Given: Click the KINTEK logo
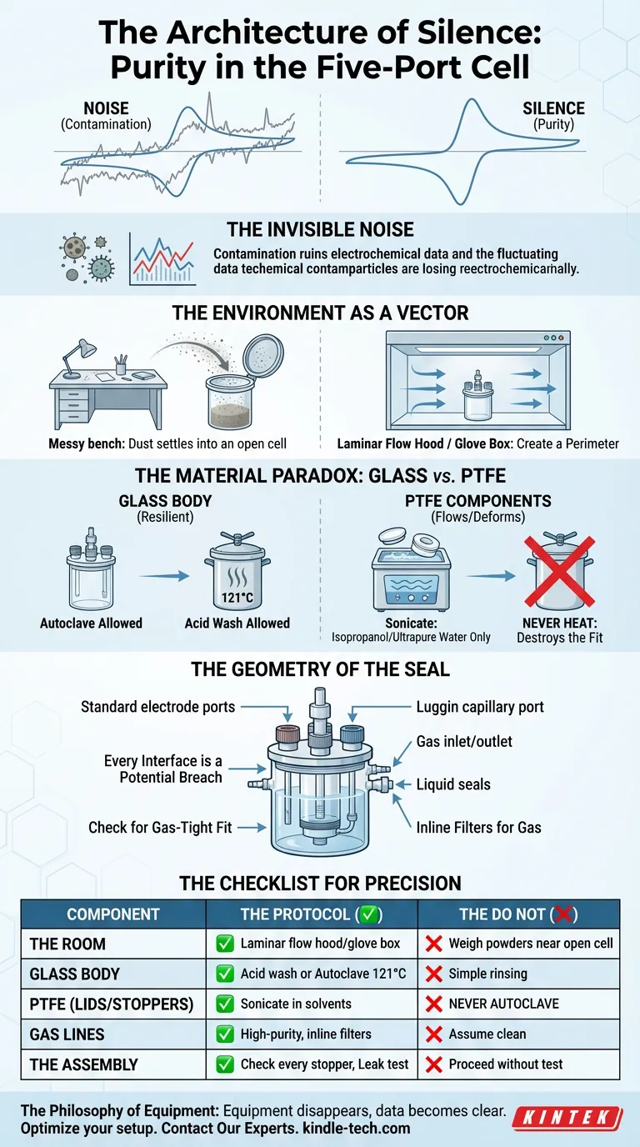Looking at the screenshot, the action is point(567,1118).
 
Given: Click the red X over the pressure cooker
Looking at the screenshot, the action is point(560,571).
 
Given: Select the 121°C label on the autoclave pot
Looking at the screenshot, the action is point(237,597).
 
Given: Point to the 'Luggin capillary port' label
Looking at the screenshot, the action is point(480,707).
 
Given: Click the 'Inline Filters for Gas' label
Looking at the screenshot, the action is point(478,827).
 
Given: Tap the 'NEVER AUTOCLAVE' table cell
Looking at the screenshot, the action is point(504,1004).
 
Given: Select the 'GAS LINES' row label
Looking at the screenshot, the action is point(67,1034).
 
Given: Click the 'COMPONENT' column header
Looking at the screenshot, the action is point(113,914).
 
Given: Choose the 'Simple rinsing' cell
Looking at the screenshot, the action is point(488,974).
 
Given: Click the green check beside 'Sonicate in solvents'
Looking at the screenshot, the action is point(225,1004).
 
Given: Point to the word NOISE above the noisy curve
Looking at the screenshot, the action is point(106,108).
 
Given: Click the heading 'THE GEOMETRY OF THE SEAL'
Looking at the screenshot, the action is point(321,669).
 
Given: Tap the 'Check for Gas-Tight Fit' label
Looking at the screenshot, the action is point(160,827).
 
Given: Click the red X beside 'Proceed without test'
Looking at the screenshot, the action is point(433,1064).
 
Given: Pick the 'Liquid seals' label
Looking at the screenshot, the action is point(453,784).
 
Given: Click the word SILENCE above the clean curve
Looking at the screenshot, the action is point(553,108).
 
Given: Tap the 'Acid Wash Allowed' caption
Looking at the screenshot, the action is point(237,624).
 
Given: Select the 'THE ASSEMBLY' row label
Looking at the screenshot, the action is point(84,1064).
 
